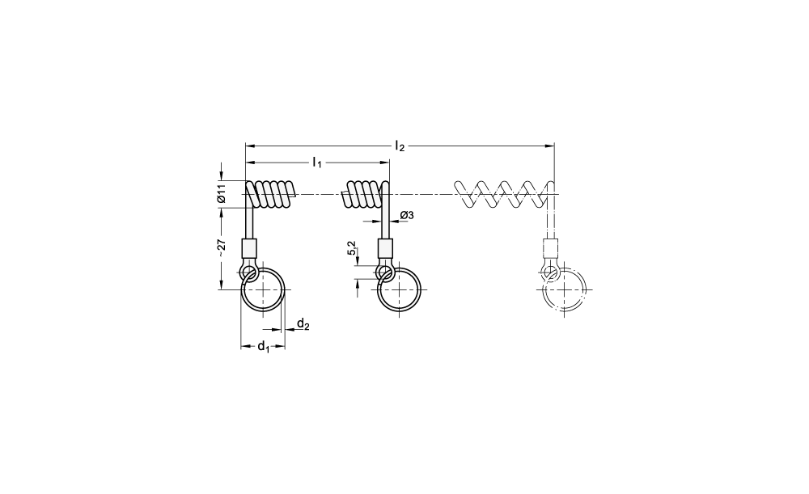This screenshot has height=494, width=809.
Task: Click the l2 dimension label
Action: tap(400, 146)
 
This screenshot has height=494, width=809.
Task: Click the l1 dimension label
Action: tap(317, 163)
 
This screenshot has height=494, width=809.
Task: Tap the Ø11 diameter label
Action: tap(222, 193)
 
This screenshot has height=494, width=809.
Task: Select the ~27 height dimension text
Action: tap(222, 248)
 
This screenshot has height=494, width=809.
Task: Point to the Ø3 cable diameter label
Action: tap(407, 215)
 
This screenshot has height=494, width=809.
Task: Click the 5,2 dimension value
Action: tap(352, 248)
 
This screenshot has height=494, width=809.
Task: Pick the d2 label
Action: tap(303, 324)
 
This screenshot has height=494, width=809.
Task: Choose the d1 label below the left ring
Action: tap(263, 347)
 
